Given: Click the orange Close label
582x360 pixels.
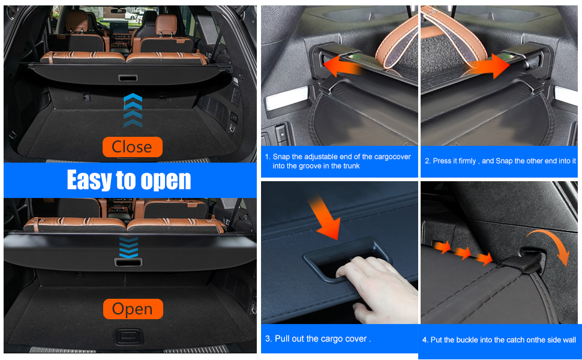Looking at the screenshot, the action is point(133,146).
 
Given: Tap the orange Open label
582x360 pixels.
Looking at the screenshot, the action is point(133,309).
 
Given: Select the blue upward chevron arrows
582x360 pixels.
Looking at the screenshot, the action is point(133,110).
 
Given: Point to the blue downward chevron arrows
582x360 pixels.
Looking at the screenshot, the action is point(128,248).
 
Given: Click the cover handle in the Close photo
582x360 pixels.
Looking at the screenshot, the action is point(128,78).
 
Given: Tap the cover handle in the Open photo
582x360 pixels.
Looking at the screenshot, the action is point(128,262).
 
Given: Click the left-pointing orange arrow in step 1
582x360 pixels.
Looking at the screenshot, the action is point(341,66).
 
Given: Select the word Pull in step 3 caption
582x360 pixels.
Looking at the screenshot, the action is point(282,338).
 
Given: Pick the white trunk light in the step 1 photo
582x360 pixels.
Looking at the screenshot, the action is point(287,98).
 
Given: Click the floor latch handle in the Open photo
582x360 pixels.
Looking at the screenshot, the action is point(128,337).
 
